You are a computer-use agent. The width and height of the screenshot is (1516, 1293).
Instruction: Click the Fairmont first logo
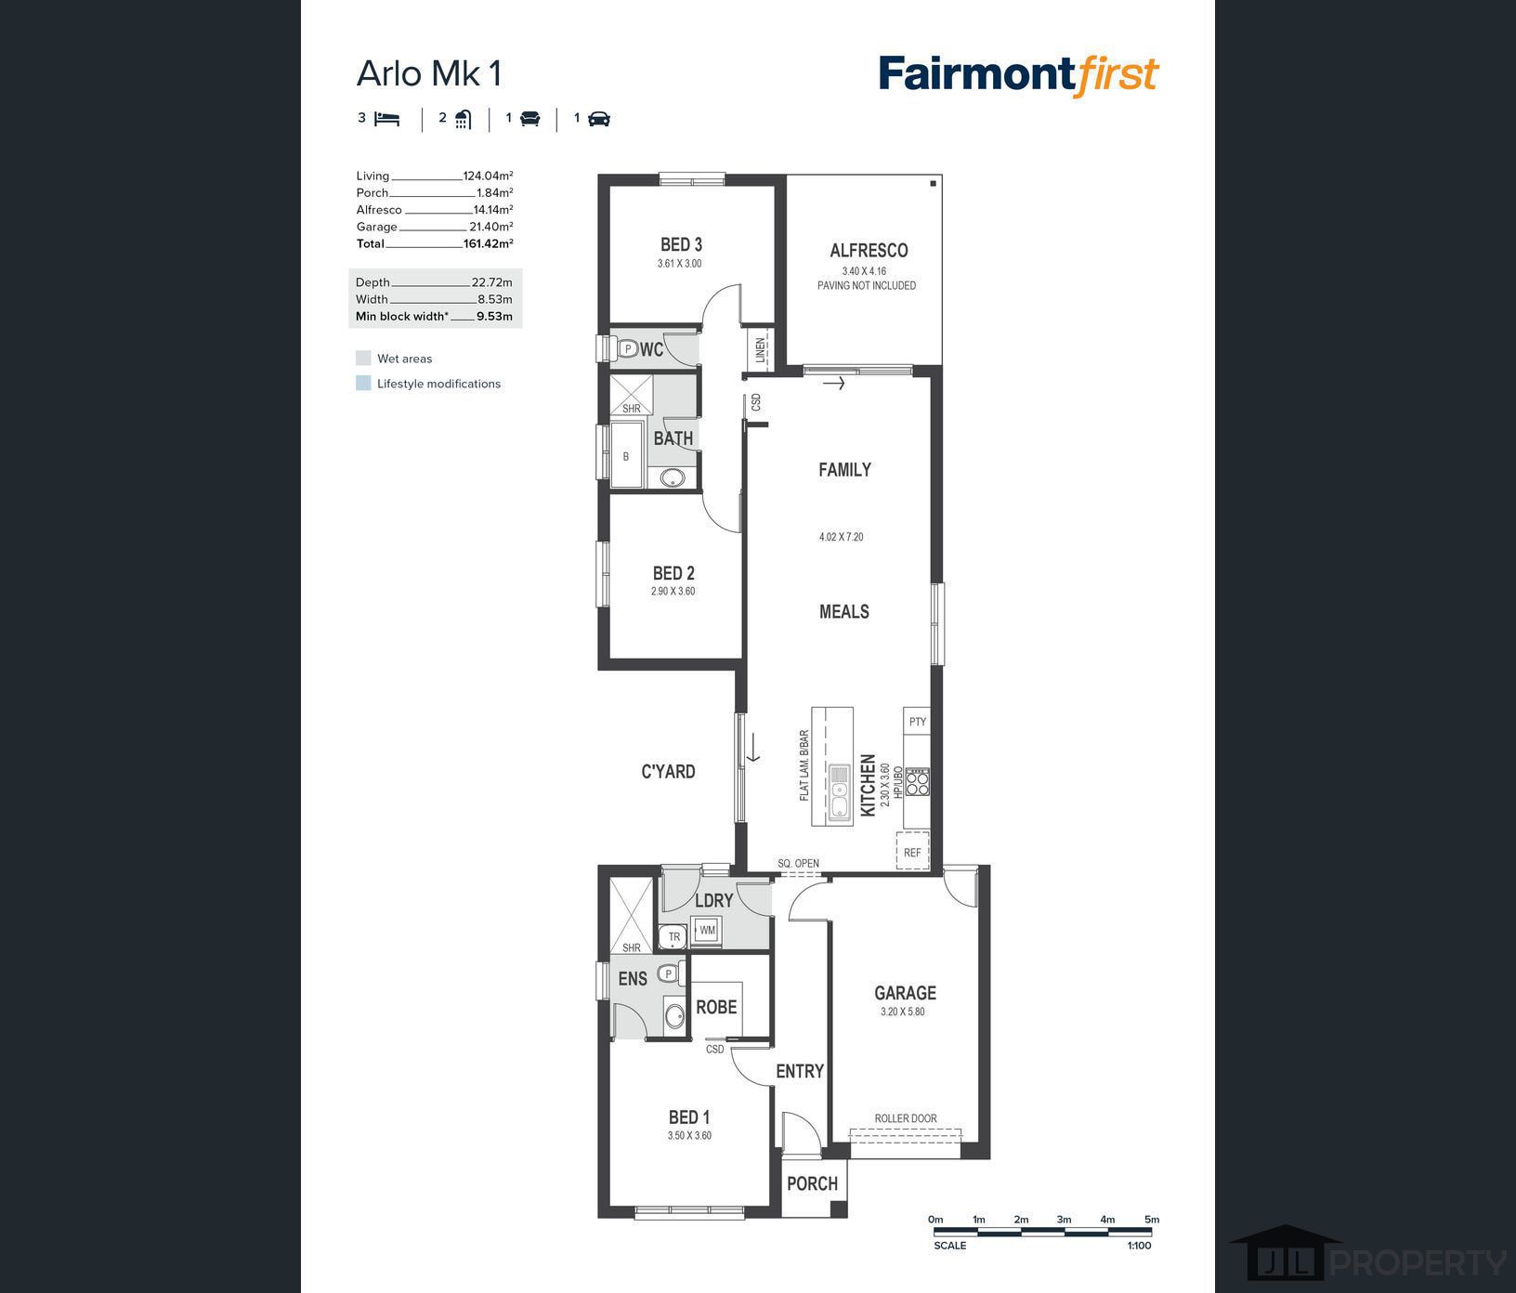pos(1019,75)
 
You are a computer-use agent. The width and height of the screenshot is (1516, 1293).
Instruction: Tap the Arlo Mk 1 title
pos(429,73)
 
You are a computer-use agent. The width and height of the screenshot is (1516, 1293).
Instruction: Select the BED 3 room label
pos(681,244)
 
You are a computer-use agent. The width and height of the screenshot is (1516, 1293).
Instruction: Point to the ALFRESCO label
pos(869,250)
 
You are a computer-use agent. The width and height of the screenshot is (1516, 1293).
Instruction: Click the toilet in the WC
pos(626,349)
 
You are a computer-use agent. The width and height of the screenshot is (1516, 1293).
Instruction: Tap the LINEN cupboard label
pos(760,349)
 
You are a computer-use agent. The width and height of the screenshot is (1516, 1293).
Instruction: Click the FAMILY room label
pos(844,470)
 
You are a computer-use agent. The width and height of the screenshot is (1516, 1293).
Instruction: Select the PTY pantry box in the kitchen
pos(917,722)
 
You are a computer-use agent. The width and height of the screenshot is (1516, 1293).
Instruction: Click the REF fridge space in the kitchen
pos(912,852)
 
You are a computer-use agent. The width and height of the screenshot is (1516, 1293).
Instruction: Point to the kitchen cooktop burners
pos(918,782)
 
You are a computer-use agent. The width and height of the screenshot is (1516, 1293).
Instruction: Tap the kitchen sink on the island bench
pos(840,794)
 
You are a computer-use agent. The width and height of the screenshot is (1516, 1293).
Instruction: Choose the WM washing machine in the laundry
pos(707,930)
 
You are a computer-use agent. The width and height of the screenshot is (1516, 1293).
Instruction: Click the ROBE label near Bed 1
pos(716,1007)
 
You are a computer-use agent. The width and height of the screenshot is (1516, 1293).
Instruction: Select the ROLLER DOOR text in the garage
pos(906,1118)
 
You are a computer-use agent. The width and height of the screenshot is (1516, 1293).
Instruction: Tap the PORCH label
pos(812,1183)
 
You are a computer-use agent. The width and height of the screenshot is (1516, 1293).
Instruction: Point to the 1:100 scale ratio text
pos(1139,1246)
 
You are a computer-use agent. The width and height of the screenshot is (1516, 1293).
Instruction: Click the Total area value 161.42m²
pos(488,243)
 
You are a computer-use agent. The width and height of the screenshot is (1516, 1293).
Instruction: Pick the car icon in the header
pos(599,119)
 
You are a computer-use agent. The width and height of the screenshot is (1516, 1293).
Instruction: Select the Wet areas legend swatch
pos(363,359)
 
